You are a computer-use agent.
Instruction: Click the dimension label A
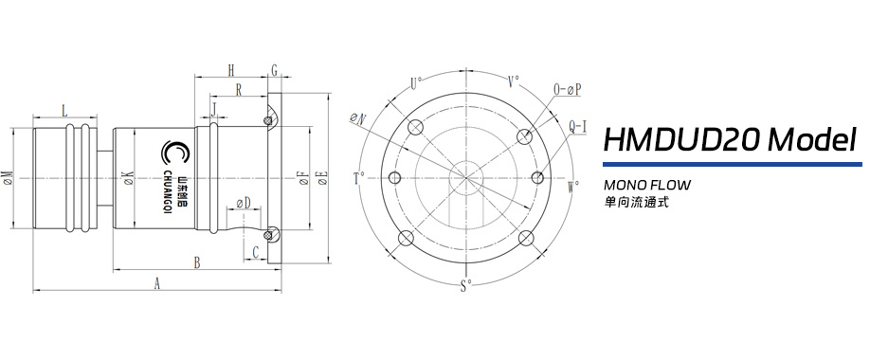[x=157, y=283]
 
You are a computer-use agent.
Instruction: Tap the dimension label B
[x=196, y=263]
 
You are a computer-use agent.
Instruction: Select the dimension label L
[x=64, y=111]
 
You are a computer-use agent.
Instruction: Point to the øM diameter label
[x=8, y=177]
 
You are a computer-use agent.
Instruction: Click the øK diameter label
[x=128, y=177]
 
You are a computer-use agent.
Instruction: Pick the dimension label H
[x=231, y=70]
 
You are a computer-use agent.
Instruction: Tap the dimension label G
[x=274, y=70]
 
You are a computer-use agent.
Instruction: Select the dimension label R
[x=239, y=89]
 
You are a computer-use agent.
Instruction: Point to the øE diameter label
[x=321, y=177]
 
